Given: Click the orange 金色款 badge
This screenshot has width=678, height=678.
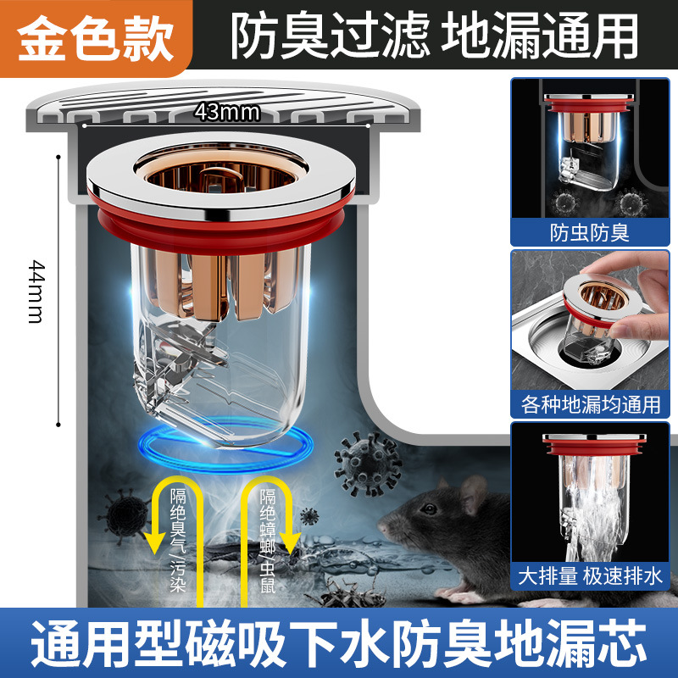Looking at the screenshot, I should pyautogui.click(x=95, y=38).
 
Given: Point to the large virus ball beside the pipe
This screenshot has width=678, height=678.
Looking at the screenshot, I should pyautogui.click(x=366, y=464).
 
